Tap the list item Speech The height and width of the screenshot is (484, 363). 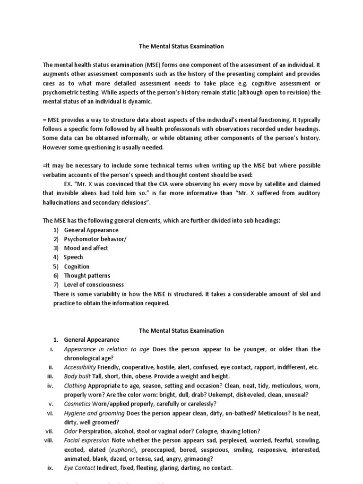(73, 257)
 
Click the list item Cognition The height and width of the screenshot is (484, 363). (77, 266)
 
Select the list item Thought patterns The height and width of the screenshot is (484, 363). (87, 276)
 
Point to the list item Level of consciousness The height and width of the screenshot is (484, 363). (94, 285)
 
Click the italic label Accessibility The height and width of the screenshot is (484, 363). (80, 367)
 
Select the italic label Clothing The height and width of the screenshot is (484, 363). (75, 385)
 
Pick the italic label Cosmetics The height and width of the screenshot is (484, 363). (78, 404)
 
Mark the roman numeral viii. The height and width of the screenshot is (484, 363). (48, 440)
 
